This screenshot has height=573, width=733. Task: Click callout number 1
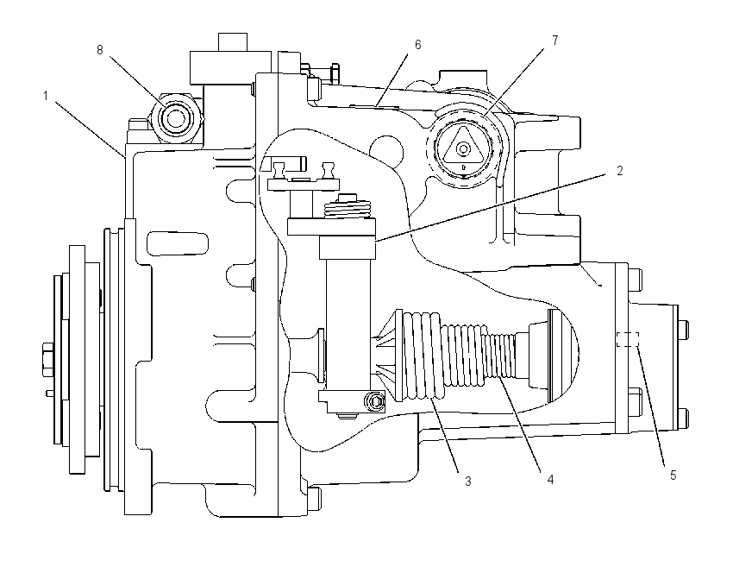(x=46, y=97)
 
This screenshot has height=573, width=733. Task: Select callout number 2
(x=620, y=171)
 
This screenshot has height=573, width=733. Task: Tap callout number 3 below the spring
(x=468, y=481)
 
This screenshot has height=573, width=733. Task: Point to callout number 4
(x=550, y=480)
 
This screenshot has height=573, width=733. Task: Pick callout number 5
(x=673, y=475)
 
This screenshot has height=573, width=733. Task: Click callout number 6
(x=418, y=44)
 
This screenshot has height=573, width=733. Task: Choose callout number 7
(x=554, y=41)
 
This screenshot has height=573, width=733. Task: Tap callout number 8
(x=99, y=49)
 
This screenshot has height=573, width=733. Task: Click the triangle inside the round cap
(x=463, y=146)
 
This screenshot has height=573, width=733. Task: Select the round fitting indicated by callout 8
(x=175, y=117)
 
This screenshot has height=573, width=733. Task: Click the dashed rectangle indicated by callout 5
(x=627, y=339)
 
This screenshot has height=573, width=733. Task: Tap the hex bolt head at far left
(x=48, y=360)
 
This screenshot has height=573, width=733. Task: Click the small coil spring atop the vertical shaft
(x=348, y=207)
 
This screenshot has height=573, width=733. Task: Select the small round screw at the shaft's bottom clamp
(x=374, y=401)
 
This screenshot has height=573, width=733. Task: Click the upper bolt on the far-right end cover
(x=683, y=330)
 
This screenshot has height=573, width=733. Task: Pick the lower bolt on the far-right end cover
(x=683, y=419)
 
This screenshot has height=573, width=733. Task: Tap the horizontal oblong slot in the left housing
(x=178, y=242)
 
